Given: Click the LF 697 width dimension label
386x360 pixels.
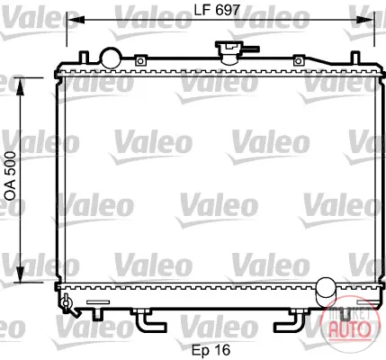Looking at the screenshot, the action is point(217,11).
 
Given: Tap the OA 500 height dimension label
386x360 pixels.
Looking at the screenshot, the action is point(11,176).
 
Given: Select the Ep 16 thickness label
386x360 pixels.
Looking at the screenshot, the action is point(211,350).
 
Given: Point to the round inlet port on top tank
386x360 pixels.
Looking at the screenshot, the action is point(112,58).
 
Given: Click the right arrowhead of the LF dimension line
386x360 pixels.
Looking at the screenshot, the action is point(365,20).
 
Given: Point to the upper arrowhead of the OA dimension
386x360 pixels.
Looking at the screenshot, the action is point(20,86).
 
